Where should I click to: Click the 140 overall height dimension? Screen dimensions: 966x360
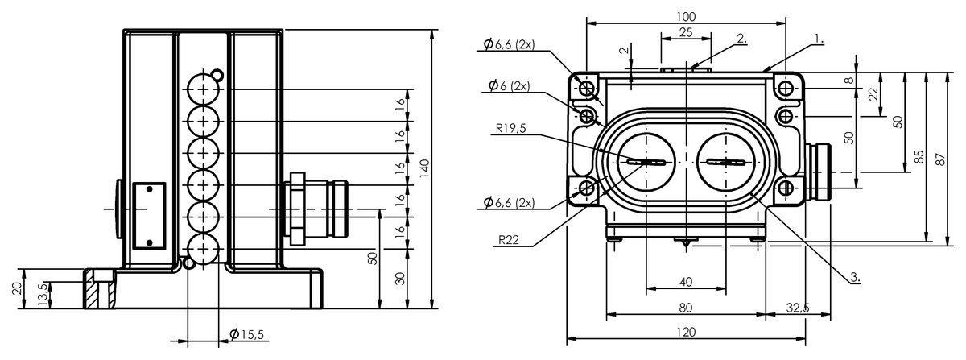[x=424, y=169]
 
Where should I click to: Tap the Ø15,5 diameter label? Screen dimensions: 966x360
[x=246, y=334]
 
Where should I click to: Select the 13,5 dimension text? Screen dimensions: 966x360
[x=43, y=295]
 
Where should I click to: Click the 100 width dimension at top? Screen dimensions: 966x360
[x=686, y=16]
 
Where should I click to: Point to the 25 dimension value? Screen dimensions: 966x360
[x=686, y=32]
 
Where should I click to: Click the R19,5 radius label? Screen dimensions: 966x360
[x=511, y=128]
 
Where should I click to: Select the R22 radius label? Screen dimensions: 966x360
[x=509, y=239]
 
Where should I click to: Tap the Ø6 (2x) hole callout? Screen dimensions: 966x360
[x=509, y=85]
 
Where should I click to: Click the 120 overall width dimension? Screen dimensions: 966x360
[x=686, y=332]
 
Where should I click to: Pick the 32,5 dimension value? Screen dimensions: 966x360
[x=798, y=308]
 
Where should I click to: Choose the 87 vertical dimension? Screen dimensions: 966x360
[x=940, y=159]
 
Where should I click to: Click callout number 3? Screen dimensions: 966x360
[x=856, y=277]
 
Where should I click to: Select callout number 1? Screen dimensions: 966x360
[x=819, y=39]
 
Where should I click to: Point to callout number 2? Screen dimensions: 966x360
[x=741, y=38]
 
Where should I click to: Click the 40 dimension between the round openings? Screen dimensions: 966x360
[x=686, y=282]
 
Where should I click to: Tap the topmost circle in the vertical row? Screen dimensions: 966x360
[x=204, y=89]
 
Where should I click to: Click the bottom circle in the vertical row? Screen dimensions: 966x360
[x=204, y=249]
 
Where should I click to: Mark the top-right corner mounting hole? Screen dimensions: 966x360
[x=786, y=89]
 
